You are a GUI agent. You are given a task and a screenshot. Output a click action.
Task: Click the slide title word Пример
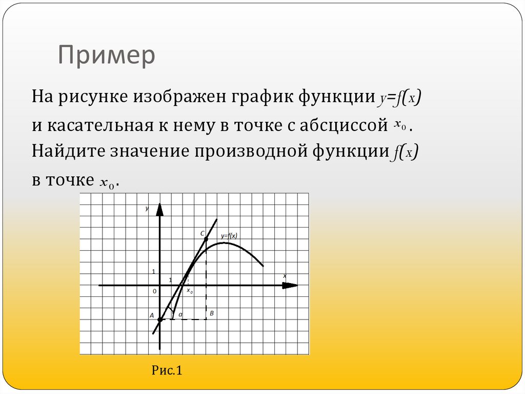(x=106, y=55)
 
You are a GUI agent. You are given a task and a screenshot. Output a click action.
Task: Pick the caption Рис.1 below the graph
(x=167, y=370)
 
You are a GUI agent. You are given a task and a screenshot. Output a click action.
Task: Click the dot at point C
(x=206, y=239)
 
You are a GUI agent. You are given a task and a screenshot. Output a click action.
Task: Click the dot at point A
(x=160, y=320)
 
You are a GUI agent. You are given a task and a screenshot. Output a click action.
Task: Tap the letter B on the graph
(x=212, y=313)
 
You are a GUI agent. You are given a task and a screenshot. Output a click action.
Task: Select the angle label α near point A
(x=180, y=313)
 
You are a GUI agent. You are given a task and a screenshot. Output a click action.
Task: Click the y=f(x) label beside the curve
(x=229, y=236)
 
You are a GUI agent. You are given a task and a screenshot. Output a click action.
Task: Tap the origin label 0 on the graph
(x=153, y=291)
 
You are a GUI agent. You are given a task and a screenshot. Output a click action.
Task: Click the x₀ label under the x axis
(x=189, y=291)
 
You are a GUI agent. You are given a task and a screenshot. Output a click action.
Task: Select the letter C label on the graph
(x=203, y=233)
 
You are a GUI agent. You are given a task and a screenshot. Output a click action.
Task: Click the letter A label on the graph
(x=152, y=315)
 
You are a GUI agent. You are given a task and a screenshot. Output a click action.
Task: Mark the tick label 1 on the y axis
(x=153, y=271)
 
